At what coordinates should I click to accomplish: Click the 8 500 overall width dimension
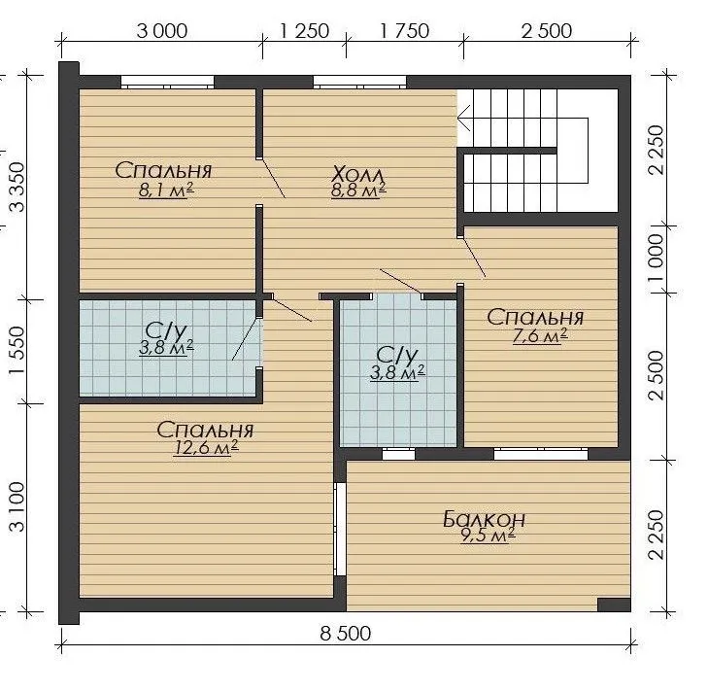pos(346,634)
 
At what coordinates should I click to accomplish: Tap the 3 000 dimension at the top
pos(161,31)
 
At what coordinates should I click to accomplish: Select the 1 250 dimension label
pos(304,31)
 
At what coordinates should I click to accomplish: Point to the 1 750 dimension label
pos(404,31)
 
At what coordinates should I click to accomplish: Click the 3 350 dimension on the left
pos(18,188)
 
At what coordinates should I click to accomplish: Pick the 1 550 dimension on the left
pos(18,350)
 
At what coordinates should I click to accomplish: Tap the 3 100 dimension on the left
pos(18,506)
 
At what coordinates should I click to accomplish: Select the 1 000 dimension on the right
pos(657,258)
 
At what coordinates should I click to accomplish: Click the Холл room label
pos(358,174)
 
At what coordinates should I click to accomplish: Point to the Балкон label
pos(484,519)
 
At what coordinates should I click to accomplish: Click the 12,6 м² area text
pos(206,447)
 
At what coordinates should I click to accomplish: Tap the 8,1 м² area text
pos(166,190)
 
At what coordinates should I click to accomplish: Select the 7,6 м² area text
pos(540,336)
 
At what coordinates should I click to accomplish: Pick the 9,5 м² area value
pos(488,536)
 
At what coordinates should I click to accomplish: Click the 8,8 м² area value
pos(358,190)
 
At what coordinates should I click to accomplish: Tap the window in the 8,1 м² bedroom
pos(167,83)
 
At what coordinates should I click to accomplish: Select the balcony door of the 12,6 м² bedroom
pos(340,529)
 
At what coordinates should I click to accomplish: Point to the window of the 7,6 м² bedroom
pos(541,454)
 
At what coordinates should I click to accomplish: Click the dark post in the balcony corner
pos(614,605)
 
